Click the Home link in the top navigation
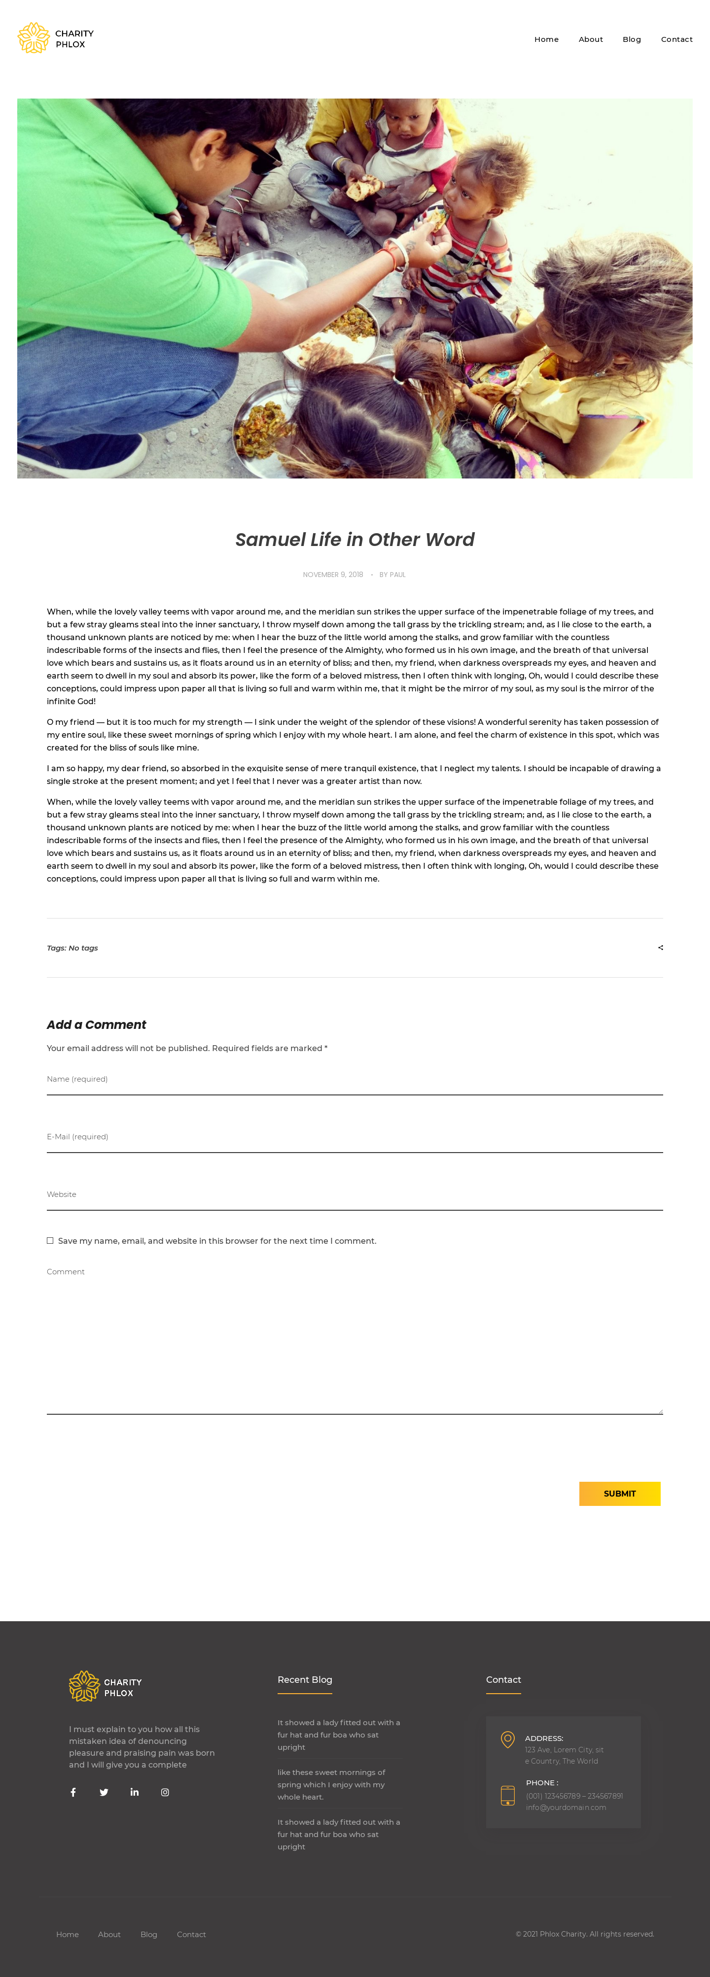[x=546, y=39]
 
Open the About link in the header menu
[x=590, y=39]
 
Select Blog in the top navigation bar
[x=631, y=39]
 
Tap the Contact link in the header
[x=676, y=39]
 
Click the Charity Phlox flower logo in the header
[x=34, y=38]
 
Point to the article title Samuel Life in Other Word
[x=355, y=540]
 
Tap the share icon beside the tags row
[x=660, y=948]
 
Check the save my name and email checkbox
[x=50, y=1241]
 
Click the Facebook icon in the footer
[x=73, y=1792]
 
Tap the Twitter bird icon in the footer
[x=104, y=1792]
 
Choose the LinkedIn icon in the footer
[x=134, y=1792]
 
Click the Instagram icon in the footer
[x=165, y=1792]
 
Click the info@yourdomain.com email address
[x=566, y=1807]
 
